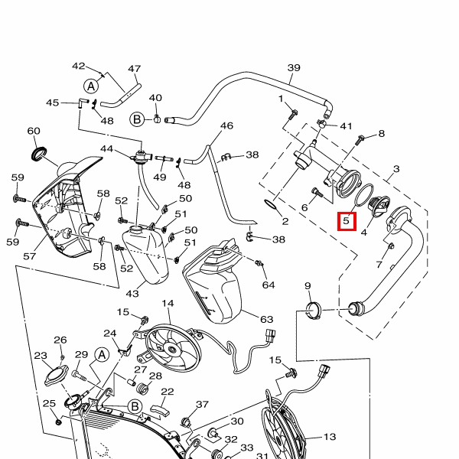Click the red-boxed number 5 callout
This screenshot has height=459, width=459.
[347, 221]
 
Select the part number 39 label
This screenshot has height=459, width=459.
[294, 68]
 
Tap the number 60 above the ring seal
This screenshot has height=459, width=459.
[34, 131]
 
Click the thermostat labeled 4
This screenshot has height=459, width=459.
[378, 207]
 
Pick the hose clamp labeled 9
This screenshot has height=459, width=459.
[314, 311]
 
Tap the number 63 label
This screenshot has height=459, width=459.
[265, 319]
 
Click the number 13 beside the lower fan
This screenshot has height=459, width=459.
[330, 438]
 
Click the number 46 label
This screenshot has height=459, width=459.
[226, 125]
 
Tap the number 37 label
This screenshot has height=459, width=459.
[202, 405]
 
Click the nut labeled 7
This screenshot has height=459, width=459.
[389, 246]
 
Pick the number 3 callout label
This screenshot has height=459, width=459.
[396, 169]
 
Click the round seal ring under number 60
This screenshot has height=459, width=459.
[38, 155]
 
